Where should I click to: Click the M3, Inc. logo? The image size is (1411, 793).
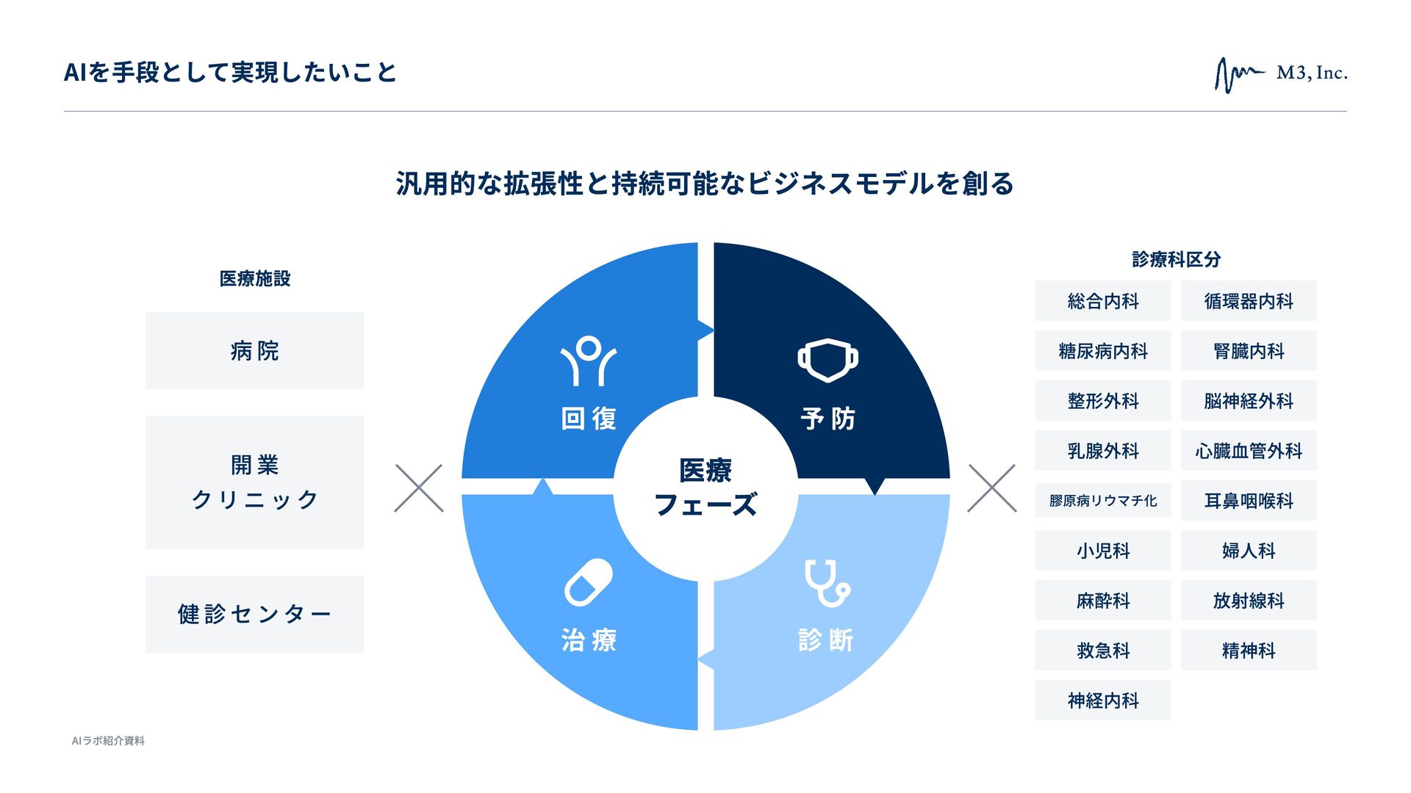point(1280,74)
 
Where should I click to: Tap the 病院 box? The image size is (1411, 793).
point(254,350)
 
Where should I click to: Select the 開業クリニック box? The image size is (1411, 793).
point(254,482)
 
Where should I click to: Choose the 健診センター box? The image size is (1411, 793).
point(254,614)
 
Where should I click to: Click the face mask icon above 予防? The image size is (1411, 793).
point(827,360)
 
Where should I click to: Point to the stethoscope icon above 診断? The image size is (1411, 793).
point(827,583)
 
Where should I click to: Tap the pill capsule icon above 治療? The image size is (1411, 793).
point(589,582)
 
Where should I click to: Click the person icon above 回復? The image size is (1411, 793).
point(588,361)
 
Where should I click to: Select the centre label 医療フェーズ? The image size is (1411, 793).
point(705,487)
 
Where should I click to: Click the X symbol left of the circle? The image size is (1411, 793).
point(419,488)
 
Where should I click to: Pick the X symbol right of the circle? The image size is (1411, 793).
point(991,488)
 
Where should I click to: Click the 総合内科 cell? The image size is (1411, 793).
point(1103,301)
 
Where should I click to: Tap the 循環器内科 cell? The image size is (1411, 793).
point(1249,301)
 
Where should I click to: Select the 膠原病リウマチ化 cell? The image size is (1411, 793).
point(1103,501)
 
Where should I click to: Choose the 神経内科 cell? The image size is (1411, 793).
point(1103,700)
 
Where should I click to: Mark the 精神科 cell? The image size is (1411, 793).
point(1249,651)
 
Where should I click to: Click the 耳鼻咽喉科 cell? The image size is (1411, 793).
point(1249,501)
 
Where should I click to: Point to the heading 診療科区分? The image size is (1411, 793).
point(1176,259)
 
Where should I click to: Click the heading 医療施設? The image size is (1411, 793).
point(254,278)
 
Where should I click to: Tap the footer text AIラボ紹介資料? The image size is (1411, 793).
point(108,741)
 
